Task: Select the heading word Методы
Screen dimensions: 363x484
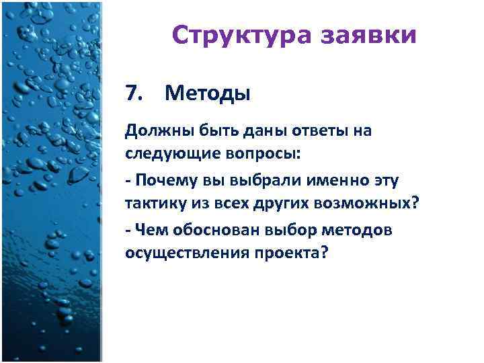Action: coord(207,93)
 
